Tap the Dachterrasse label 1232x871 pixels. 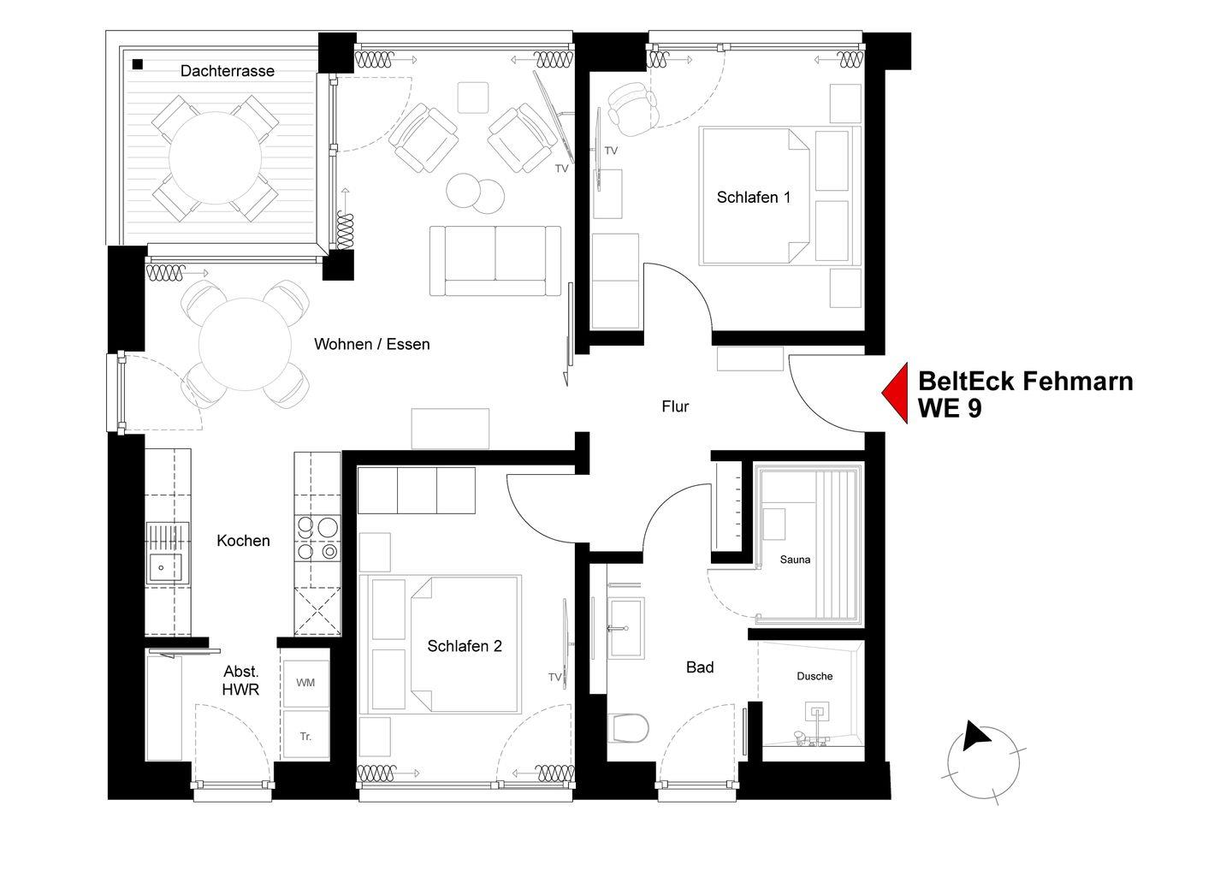(x=228, y=71)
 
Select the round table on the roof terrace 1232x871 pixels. (x=215, y=157)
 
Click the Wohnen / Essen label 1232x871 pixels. (x=372, y=344)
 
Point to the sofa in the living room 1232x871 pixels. (x=495, y=260)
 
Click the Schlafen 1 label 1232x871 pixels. (x=754, y=197)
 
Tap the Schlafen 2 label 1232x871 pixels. (x=465, y=646)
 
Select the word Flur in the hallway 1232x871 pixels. (x=675, y=406)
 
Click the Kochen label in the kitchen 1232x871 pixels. (x=243, y=541)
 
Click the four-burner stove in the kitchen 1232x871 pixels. (x=317, y=538)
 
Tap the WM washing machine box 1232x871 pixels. (x=305, y=683)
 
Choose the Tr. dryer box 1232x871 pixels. (x=305, y=735)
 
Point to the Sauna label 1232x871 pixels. (x=795, y=560)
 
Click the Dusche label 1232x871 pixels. (x=814, y=676)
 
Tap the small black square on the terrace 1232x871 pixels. (x=138, y=64)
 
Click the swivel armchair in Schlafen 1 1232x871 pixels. (x=633, y=109)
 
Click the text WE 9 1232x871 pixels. (x=950, y=409)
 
